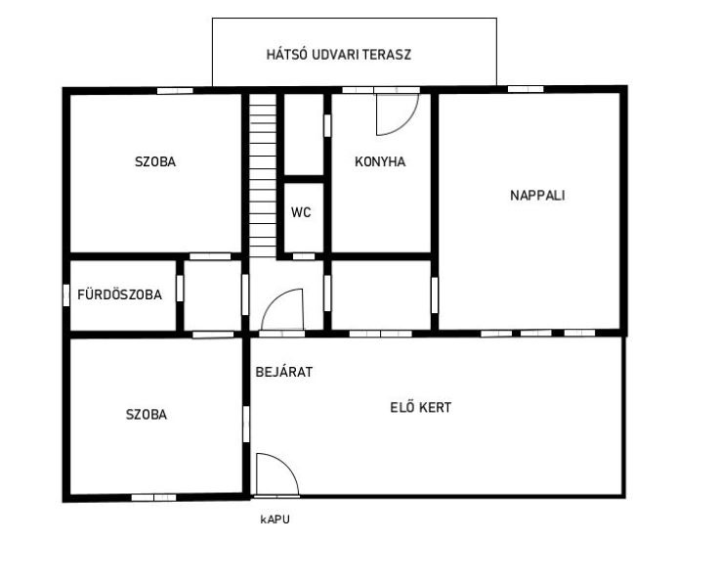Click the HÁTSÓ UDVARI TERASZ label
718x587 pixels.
(x=338, y=55)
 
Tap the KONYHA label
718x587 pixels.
(x=380, y=161)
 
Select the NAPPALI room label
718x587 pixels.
(x=537, y=196)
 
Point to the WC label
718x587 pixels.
(x=301, y=212)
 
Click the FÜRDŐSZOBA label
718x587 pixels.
(x=119, y=294)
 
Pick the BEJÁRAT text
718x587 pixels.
(x=284, y=372)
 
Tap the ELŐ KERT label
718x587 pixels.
(x=420, y=408)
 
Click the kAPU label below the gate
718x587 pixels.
(x=275, y=519)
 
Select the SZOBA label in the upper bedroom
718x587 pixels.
(x=155, y=161)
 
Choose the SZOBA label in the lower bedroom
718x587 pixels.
(x=147, y=415)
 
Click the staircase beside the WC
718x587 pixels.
(x=263, y=176)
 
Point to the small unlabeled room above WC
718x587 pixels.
(x=304, y=134)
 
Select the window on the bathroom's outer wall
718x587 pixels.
(x=66, y=295)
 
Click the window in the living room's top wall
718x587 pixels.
(x=526, y=89)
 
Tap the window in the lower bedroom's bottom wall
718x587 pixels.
(x=154, y=498)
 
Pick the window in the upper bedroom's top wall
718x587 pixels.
(x=175, y=91)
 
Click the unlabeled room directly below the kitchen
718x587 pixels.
(x=381, y=294)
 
